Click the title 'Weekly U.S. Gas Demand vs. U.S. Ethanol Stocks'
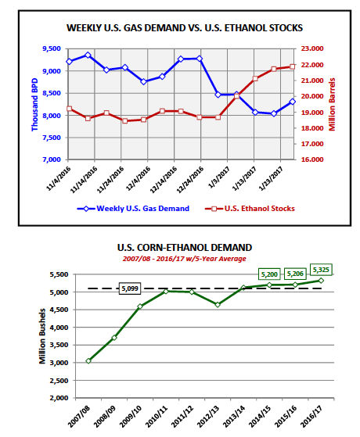(185, 28)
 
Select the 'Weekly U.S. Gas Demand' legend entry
(133, 209)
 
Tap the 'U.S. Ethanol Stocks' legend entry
(250, 209)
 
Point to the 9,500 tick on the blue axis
(52, 48)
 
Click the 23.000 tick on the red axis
(312, 48)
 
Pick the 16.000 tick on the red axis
(312, 159)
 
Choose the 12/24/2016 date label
(190, 180)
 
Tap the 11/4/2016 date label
(59, 179)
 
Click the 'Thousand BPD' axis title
(34, 105)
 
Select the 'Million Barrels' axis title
(332, 104)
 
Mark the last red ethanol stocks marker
(293, 67)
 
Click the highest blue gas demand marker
(88, 56)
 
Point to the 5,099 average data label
(130, 288)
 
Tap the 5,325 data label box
(321, 270)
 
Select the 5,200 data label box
(269, 274)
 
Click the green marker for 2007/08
(88, 361)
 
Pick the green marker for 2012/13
(218, 305)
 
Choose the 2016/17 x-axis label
(311, 417)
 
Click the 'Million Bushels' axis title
(42, 336)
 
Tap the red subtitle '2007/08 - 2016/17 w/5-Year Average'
(185, 259)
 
